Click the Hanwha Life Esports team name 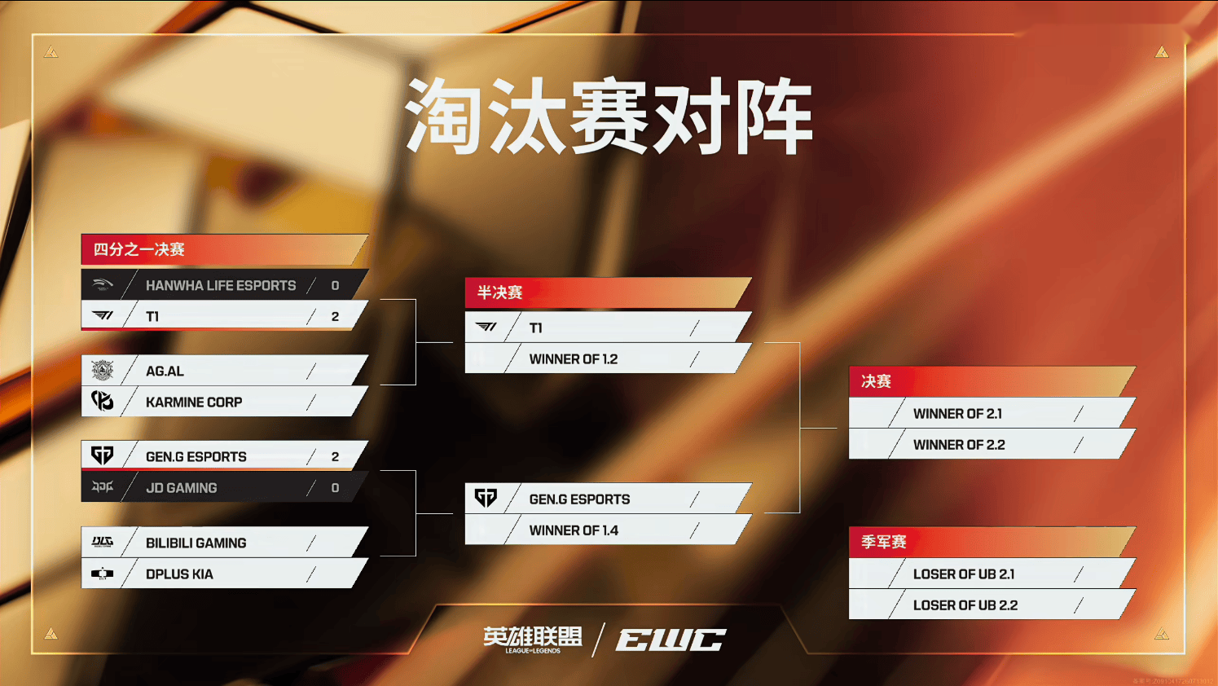click(x=221, y=285)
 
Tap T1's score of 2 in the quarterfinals click(x=335, y=316)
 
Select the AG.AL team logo click(x=102, y=371)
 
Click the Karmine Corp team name click(x=194, y=402)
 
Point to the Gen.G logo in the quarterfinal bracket click(x=102, y=455)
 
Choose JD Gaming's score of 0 click(x=335, y=487)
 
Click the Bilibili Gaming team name click(x=196, y=543)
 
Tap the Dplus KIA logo click(x=102, y=574)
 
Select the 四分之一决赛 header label click(x=139, y=249)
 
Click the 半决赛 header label click(x=499, y=292)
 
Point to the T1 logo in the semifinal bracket click(x=486, y=328)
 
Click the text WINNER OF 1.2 click(x=573, y=359)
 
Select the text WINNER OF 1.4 click(x=574, y=530)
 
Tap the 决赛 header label click(x=876, y=381)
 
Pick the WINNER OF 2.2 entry click(x=959, y=445)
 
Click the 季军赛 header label click(x=884, y=542)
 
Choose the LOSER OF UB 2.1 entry click(x=964, y=574)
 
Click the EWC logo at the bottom click(x=671, y=640)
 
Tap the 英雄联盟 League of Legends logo click(x=532, y=640)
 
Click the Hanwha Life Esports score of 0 click(x=335, y=285)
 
